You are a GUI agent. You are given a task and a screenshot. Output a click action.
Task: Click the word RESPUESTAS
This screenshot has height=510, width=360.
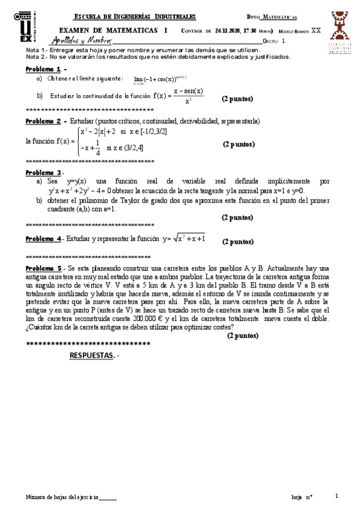pos(91,355)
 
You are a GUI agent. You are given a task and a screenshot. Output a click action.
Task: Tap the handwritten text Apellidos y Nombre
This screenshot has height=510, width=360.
pos(82,40)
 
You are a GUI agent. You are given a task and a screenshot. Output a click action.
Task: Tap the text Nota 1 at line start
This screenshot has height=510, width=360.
pos(35,50)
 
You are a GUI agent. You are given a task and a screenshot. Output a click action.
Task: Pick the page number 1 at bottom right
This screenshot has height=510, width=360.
pos(337,496)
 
